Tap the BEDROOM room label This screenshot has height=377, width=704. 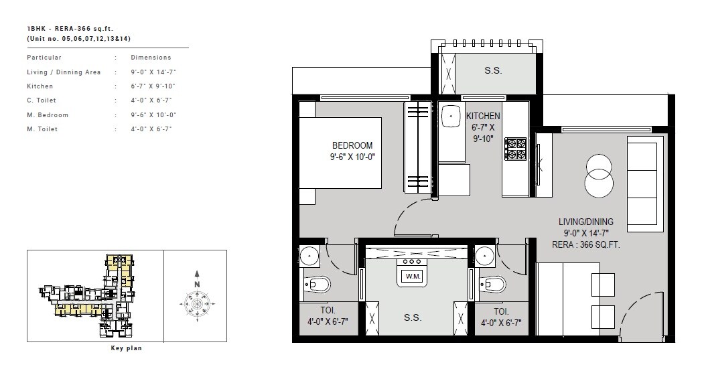click(352, 146)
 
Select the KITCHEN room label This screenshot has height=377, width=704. click(483, 116)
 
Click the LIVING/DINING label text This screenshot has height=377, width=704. click(585, 222)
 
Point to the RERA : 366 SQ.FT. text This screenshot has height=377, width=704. click(585, 244)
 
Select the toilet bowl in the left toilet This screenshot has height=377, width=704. click(318, 286)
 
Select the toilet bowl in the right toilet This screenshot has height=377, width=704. click(492, 285)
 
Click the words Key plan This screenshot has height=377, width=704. click(126, 348)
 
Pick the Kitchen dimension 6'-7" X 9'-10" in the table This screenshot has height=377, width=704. click(152, 86)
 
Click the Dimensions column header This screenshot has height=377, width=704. click(151, 58)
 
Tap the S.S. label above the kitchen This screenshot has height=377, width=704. click(493, 70)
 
